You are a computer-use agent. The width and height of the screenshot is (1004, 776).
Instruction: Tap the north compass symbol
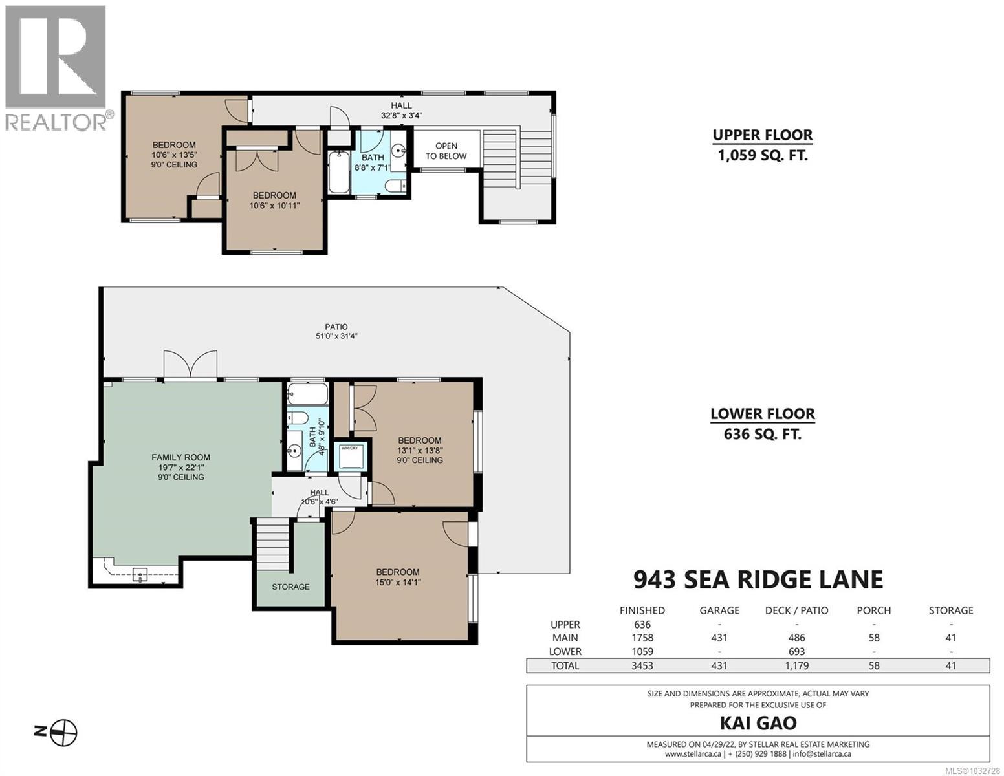[64, 732]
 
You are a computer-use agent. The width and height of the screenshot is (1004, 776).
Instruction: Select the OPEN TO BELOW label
[446, 151]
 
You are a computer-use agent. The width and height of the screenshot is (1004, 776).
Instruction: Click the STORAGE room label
[290, 587]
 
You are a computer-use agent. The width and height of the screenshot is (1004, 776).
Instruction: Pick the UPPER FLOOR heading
[762, 135]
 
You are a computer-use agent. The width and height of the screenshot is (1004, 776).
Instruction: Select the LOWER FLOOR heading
[762, 414]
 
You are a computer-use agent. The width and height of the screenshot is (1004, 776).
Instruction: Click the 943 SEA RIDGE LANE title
[758, 579]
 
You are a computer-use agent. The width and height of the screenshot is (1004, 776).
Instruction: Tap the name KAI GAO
[758, 723]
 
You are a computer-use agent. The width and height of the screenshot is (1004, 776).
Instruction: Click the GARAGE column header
[719, 610]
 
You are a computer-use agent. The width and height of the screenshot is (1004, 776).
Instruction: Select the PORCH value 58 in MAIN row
[873, 638]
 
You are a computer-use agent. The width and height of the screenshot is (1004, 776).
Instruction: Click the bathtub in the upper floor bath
[338, 172]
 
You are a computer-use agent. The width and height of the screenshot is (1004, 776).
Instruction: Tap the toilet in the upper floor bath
[395, 187]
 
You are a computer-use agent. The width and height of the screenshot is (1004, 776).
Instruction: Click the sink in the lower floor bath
[294, 450]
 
